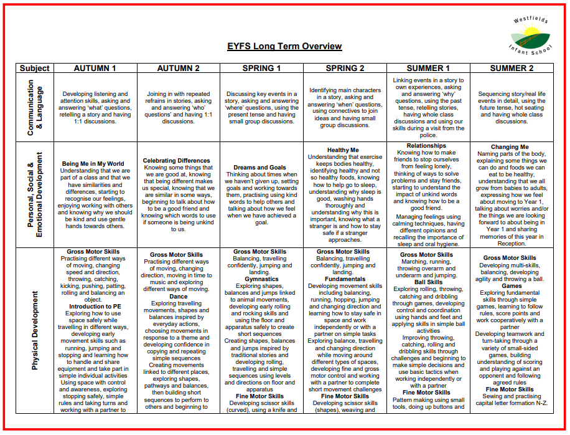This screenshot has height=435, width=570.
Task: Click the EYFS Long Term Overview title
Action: pos(284,46)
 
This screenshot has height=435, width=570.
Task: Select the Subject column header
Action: pos(34,68)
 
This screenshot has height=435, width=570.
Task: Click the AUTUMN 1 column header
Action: pos(95,68)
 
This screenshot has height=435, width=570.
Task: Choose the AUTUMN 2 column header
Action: pos(178,68)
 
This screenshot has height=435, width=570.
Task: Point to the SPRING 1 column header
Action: pos(261,68)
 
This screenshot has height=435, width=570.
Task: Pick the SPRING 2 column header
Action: pos(345,68)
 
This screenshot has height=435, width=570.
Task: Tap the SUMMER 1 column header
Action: pos(427,68)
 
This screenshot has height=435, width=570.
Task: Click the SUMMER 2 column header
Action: pos(512,68)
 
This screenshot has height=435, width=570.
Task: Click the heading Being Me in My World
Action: pos(93,164)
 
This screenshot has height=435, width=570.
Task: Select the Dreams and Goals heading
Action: pos(260,168)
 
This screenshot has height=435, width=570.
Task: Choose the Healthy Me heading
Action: pos(343,150)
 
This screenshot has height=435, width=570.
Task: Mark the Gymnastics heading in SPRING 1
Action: pos(261,279)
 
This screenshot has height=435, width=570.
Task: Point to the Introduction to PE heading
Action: pos(95,306)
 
